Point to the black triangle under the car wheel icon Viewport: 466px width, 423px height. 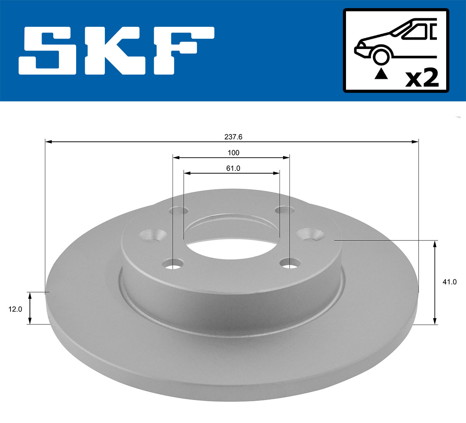(x=381, y=73)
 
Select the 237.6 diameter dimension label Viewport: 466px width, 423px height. (x=233, y=137)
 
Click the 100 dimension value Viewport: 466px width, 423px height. (x=233, y=153)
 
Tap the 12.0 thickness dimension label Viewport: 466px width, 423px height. (x=15, y=309)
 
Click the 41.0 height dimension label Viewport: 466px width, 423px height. (x=449, y=282)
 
